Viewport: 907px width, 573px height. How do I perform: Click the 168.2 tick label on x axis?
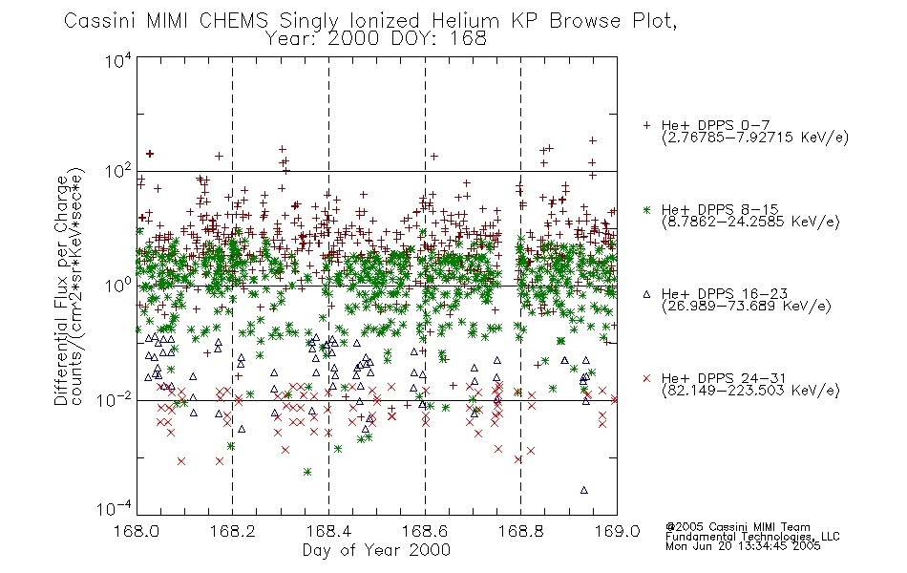233,531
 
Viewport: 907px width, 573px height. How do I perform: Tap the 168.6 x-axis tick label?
425,531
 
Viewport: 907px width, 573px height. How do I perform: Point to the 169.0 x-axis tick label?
617,531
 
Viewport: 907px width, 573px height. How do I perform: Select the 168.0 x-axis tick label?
137,531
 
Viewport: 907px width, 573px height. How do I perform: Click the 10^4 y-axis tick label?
118,60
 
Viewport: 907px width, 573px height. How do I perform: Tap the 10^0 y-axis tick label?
118,286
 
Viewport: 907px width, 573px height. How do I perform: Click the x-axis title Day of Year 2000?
376,550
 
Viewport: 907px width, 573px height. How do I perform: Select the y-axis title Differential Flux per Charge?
61,290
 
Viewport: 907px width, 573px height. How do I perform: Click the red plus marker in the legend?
646,125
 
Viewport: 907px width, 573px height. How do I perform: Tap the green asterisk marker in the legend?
646,209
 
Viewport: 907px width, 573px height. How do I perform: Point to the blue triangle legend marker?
646,294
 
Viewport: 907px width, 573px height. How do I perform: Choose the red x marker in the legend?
646,378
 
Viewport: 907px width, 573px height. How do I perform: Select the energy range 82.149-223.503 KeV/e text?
750,391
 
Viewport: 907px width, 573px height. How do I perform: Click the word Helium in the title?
466,21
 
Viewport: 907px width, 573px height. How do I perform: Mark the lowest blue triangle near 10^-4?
583,490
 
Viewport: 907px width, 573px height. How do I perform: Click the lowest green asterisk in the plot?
307,472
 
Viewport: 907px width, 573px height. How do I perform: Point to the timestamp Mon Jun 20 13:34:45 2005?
743,546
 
